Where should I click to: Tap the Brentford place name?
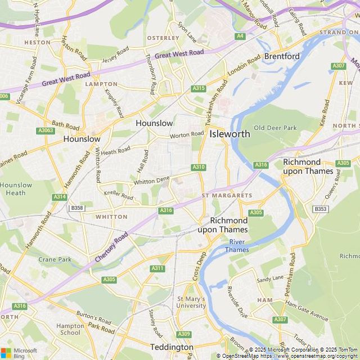(282, 57)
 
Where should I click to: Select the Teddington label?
(172, 347)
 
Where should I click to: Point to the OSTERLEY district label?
(163, 38)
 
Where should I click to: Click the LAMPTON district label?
(101, 84)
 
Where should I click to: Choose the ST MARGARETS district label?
(227, 195)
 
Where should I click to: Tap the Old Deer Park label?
(275, 128)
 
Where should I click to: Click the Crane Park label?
(55, 259)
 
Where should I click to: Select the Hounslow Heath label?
(16, 189)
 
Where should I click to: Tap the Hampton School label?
(70, 329)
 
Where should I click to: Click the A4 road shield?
(241, 36)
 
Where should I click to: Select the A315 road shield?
(198, 88)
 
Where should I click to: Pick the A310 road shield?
(199, 167)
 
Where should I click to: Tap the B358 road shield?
(77, 208)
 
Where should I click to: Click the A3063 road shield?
(46, 130)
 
